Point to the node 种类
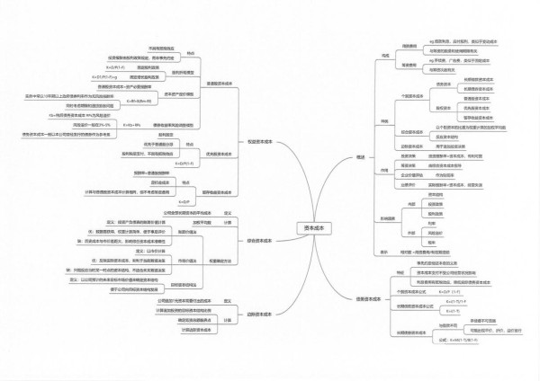point(385,120)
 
